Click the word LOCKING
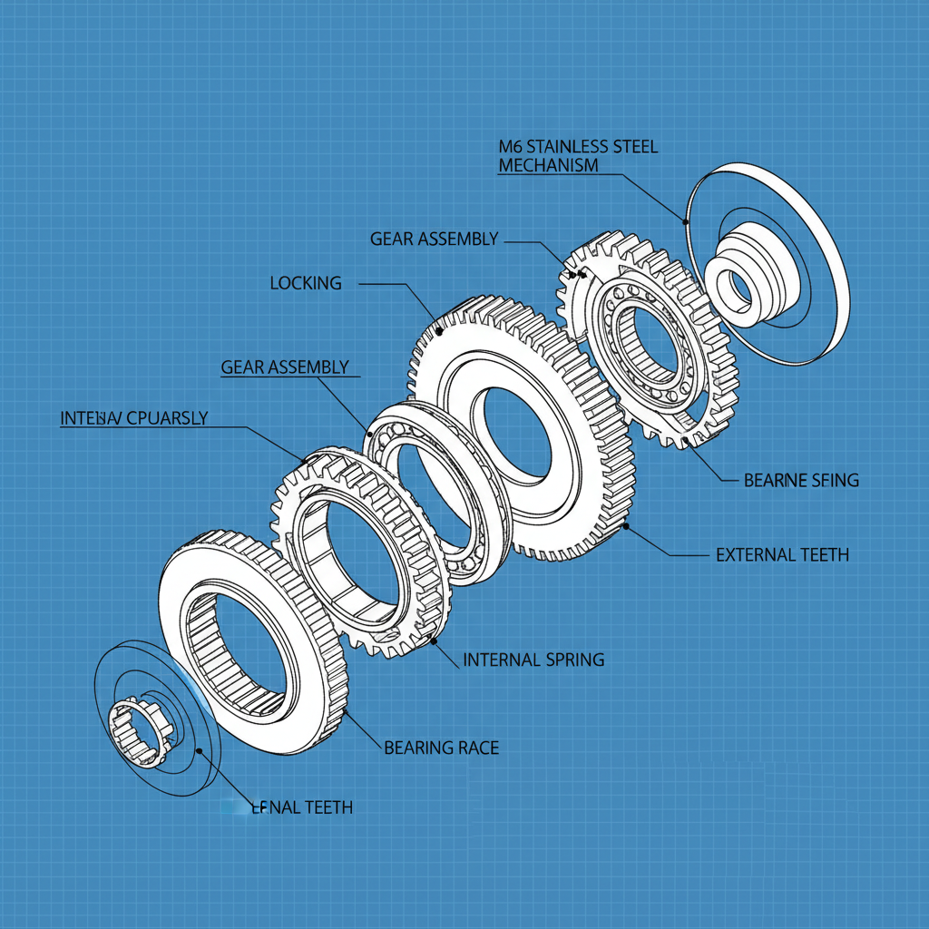(x=306, y=283)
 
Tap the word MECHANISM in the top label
(x=548, y=165)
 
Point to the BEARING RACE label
(x=441, y=748)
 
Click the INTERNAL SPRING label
(x=533, y=660)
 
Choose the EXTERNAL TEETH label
(x=782, y=554)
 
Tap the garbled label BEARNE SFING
(x=801, y=480)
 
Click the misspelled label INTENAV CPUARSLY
(x=133, y=418)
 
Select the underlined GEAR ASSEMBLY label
(x=285, y=367)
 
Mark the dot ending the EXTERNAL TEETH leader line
(x=626, y=525)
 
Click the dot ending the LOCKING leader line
(x=440, y=332)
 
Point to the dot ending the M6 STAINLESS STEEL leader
(x=686, y=220)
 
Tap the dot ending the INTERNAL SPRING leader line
(x=434, y=641)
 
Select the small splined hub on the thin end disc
(x=139, y=727)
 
